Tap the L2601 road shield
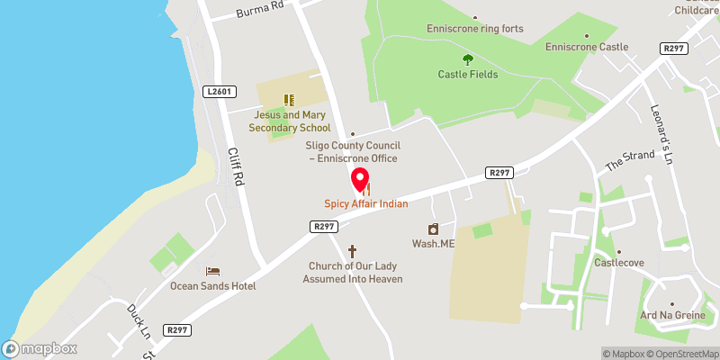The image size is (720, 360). [220, 91]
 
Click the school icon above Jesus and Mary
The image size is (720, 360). [289, 100]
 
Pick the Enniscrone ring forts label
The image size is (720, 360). [475, 29]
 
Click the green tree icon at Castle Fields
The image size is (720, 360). [467, 59]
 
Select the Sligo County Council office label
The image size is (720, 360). [354, 151]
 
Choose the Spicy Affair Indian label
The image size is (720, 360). [366, 204]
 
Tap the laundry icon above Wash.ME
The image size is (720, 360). [433, 229]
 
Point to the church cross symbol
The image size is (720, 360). [353, 250]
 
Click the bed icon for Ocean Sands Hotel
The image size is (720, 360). [213, 271]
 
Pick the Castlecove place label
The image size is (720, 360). [617, 263]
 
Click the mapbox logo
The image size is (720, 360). [39, 348]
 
